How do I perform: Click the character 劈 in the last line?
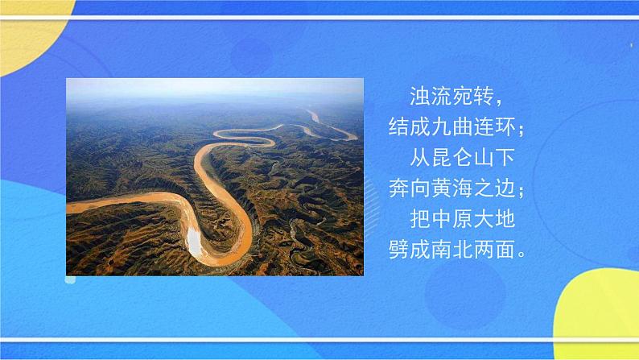[398, 248]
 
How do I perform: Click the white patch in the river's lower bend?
[194, 238]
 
